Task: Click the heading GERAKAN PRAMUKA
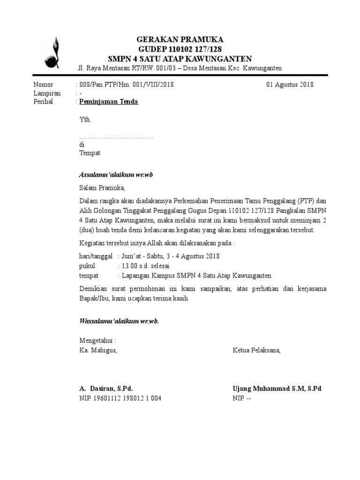(180, 39)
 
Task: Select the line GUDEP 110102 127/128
(180, 49)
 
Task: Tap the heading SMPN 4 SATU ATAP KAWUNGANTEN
(180, 59)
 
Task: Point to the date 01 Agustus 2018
(290, 85)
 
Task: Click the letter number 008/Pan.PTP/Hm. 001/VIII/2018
(127, 85)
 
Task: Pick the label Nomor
(44, 85)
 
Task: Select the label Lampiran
(47, 93)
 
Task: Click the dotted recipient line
(116, 138)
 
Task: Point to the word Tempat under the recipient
(90, 153)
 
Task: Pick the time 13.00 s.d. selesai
(146, 266)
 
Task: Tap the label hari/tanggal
(96, 256)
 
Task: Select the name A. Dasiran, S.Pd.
(106, 389)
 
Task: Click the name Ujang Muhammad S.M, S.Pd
(277, 389)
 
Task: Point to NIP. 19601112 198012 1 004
(120, 398)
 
